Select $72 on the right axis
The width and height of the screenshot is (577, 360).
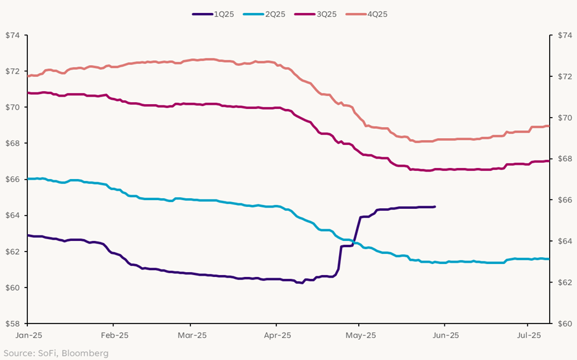563,76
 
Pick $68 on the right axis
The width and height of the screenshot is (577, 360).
563,159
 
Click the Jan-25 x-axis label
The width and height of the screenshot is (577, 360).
28,335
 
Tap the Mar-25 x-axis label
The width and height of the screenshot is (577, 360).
192,335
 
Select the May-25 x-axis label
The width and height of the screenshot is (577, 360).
361,335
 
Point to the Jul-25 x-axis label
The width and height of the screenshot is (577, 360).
527,335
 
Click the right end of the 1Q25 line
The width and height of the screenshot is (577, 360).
434,206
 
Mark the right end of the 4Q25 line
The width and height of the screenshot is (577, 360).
548,126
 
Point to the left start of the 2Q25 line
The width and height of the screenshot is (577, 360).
28,178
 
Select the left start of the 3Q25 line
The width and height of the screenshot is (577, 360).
28,92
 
